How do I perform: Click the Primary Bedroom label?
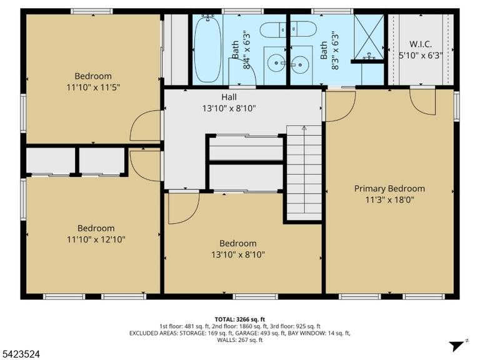pyautogui.click(x=389, y=189)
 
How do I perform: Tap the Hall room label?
pyautogui.click(x=229, y=97)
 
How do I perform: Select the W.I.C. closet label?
pyautogui.click(x=421, y=44)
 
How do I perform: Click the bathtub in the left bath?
pyautogui.click(x=208, y=49)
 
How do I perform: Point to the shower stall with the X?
pyautogui.click(x=369, y=36)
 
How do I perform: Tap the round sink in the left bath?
pyautogui.click(x=276, y=63)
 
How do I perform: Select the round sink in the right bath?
pyautogui.click(x=300, y=64)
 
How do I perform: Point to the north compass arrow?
pyautogui.click(x=458, y=346)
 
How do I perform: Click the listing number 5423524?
pyautogui.click(x=20, y=354)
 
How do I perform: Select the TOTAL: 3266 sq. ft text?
pyautogui.click(x=240, y=320)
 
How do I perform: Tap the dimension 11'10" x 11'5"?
pyautogui.click(x=93, y=87)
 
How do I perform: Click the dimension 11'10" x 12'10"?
pyautogui.click(x=96, y=239)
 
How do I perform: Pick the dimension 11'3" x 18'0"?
pyautogui.click(x=390, y=200)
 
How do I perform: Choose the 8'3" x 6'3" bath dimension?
pyautogui.click(x=335, y=50)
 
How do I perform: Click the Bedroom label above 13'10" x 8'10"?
pyautogui.click(x=238, y=243)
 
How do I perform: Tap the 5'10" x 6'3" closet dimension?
pyautogui.click(x=421, y=56)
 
